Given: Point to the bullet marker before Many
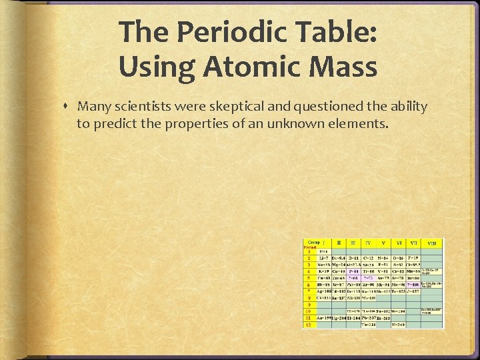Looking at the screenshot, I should click(x=69, y=107).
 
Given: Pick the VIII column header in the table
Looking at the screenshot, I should click(x=433, y=244).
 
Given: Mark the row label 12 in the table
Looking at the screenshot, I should click(x=309, y=325).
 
